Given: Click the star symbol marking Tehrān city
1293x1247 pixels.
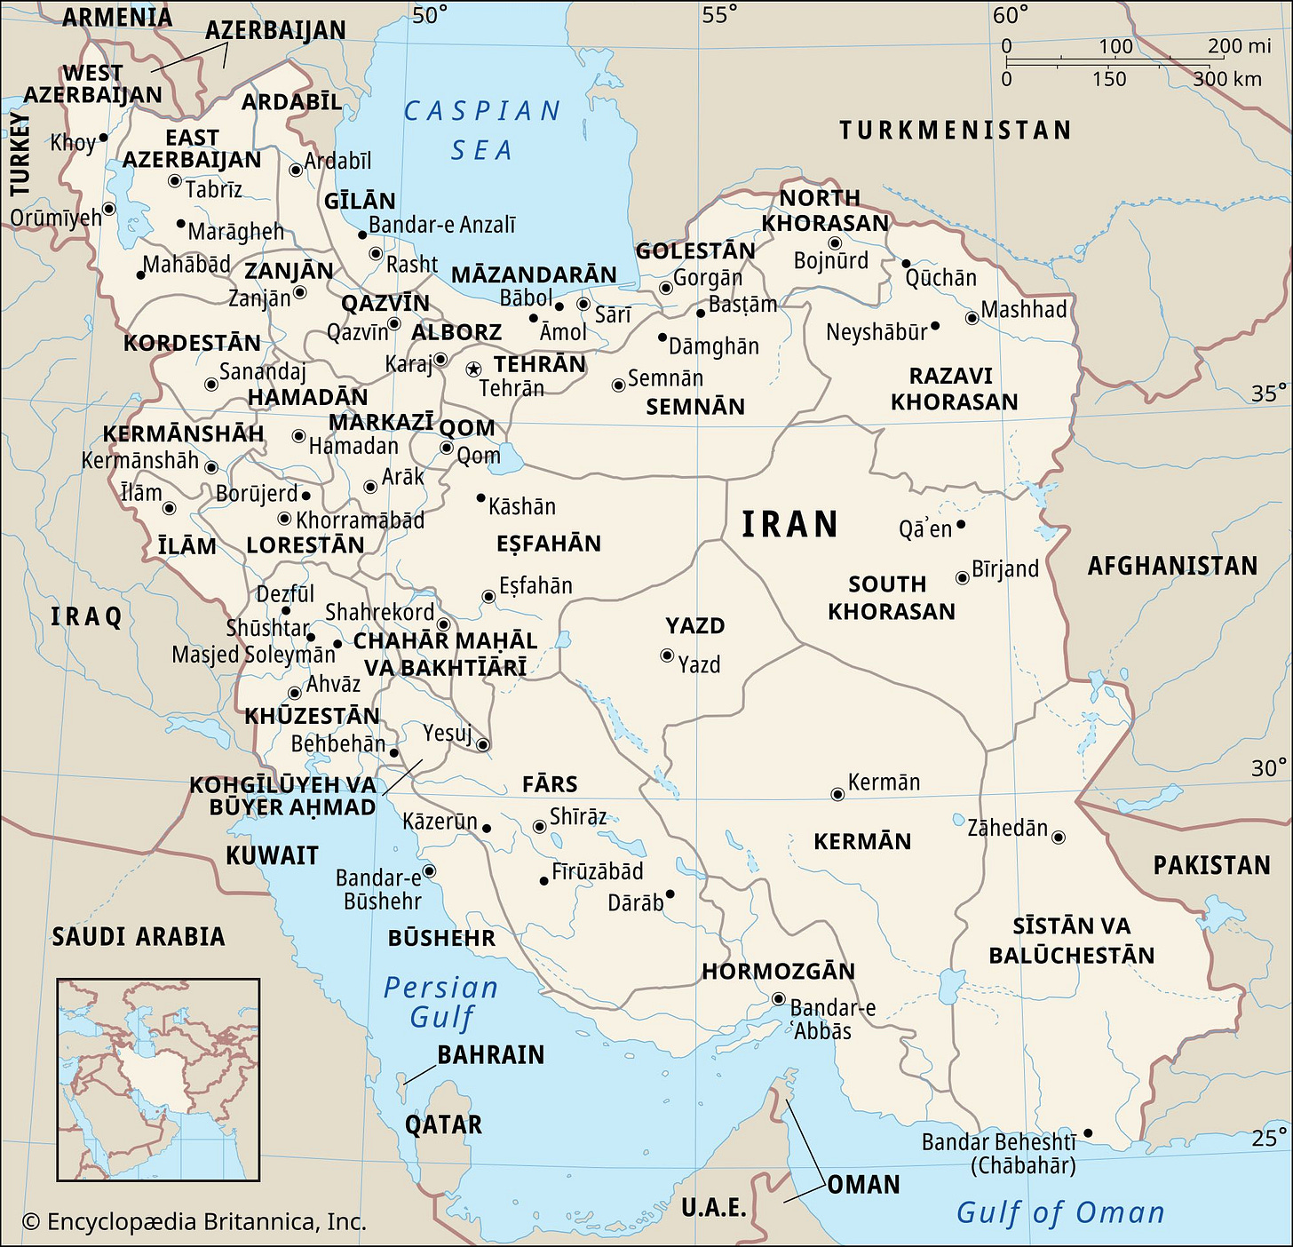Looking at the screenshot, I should pyautogui.click(x=473, y=368).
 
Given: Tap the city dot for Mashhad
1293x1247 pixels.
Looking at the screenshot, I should pyautogui.click(x=972, y=318).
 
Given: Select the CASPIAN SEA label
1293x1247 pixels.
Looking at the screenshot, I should pyautogui.click(x=482, y=130).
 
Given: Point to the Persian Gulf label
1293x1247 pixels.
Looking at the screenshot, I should pyautogui.click(x=441, y=1002).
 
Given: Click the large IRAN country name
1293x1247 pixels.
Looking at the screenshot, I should pyautogui.click(x=790, y=525).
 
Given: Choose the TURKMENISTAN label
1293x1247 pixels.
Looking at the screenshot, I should pyautogui.click(x=956, y=131).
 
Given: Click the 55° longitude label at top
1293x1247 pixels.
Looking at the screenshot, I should pyautogui.click(x=719, y=15).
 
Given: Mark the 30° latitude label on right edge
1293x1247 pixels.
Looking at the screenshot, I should pyautogui.click(x=1268, y=767).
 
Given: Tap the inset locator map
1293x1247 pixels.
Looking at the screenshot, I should pyautogui.click(x=158, y=1079).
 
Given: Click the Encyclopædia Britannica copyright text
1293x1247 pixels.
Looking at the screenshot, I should pyautogui.click(x=194, y=1222).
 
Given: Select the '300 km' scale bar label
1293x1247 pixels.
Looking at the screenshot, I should pyautogui.click(x=1227, y=79).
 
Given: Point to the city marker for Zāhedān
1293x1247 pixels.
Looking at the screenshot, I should pyautogui.click(x=1058, y=837).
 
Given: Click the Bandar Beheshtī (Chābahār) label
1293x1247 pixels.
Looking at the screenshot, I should pyautogui.click(x=998, y=1153).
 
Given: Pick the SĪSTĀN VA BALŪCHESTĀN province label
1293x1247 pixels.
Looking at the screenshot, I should pyautogui.click(x=1071, y=941).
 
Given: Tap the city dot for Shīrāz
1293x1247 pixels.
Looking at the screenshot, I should pyautogui.click(x=538, y=827).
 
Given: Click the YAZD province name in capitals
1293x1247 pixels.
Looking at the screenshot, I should pyautogui.click(x=695, y=626).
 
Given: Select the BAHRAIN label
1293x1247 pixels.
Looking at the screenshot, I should pyautogui.click(x=490, y=1055).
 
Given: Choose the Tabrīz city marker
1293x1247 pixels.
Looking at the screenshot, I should pyautogui.click(x=174, y=181).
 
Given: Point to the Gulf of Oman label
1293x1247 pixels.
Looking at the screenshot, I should pyautogui.click(x=1059, y=1212).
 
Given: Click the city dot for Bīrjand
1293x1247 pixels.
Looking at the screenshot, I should pyautogui.click(x=962, y=578).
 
